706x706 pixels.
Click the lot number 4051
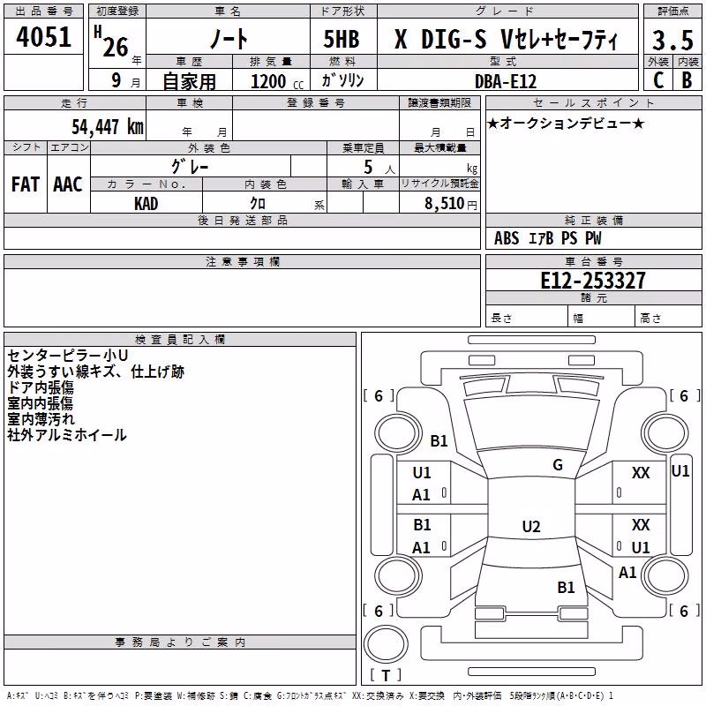pyautogui.click(x=43, y=37)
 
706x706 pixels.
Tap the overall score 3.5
pyautogui.click(x=672, y=40)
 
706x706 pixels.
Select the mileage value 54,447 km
pyautogui.click(x=108, y=126)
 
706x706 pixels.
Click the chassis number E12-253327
pyautogui.click(x=593, y=281)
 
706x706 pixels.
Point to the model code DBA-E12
pyautogui.click(x=506, y=81)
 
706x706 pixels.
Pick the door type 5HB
pyautogui.click(x=342, y=39)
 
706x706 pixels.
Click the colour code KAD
pyautogui.click(x=146, y=204)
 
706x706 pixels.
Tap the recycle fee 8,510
pyautogui.click(x=445, y=203)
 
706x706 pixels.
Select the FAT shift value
pyautogui.click(x=26, y=184)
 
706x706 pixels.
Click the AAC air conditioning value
pyautogui.click(x=68, y=184)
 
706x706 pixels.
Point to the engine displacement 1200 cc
pyautogui.click(x=277, y=81)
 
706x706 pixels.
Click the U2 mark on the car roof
pyautogui.click(x=531, y=526)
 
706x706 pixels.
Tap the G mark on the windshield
pyautogui.click(x=558, y=465)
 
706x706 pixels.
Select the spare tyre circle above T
pyautogui.click(x=386, y=644)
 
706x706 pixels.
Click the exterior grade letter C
pyautogui.click(x=658, y=80)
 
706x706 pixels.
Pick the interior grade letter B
pyautogui.click(x=687, y=80)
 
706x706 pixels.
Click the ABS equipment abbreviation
pyautogui.click(x=507, y=238)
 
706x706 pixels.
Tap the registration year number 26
pyautogui.click(x=116, y=47)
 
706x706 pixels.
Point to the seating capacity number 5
pyautogui.click(x=368, y=167)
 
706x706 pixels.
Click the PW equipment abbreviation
pyautogui.click(x=593, y=238)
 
